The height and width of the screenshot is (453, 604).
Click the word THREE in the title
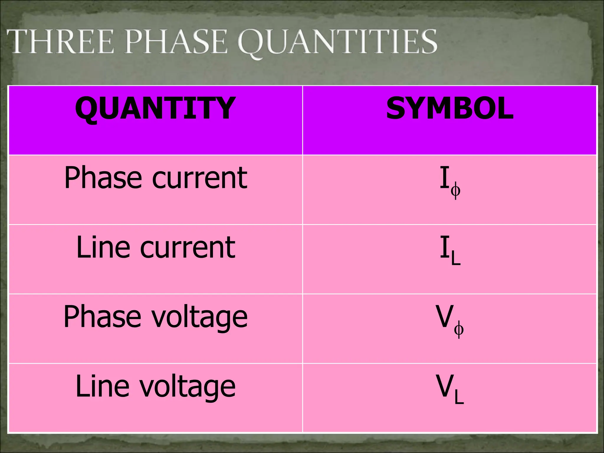click(60, 42)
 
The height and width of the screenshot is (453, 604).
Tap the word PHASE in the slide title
click(176, 42)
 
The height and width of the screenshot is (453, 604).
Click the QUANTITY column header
click(155, 109)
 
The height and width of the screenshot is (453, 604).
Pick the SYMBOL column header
click(450, 109)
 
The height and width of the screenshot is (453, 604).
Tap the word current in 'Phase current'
click(200, 178)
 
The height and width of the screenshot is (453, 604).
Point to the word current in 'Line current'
click(188, 248)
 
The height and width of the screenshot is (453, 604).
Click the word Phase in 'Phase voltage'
click(102, 317)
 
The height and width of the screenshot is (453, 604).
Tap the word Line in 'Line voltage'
click(102, 386)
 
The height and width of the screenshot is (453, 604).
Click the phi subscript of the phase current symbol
click(456, 190)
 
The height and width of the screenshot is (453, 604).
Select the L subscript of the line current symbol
click(456, 259)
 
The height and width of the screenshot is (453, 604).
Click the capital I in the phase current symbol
click(444, 178)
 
